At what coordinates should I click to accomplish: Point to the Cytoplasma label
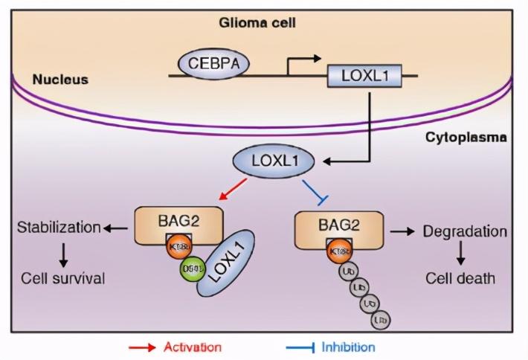click(466, 138)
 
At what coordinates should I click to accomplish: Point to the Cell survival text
click(62, 279)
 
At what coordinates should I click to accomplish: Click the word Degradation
click(465, 231)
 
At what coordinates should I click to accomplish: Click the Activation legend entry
click(192, 347)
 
